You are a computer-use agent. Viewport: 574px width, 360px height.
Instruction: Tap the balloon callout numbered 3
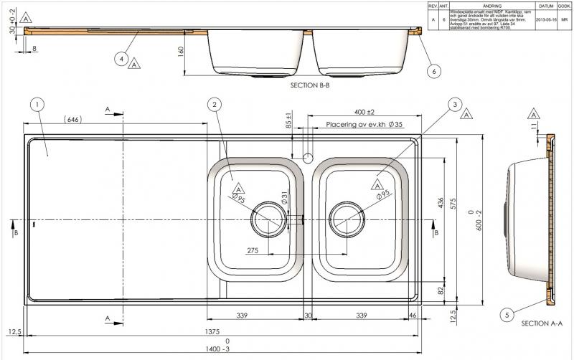pyautogui.click(x=454, y=105)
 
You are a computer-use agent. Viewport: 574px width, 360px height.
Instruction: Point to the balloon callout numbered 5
pyautogui.click(x=507, y=314)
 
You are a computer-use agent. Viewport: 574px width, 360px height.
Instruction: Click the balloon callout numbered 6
pyautogui.click(x=433, y=71)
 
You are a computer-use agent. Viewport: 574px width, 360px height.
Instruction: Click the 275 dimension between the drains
pyautogui.click(x=253, y=250)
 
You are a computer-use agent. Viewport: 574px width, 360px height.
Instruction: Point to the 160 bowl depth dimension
pyautogui.click(x=182, y=52)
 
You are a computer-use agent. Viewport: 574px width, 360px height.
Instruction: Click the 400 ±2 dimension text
pyautogui.click(x=364, y=113)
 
